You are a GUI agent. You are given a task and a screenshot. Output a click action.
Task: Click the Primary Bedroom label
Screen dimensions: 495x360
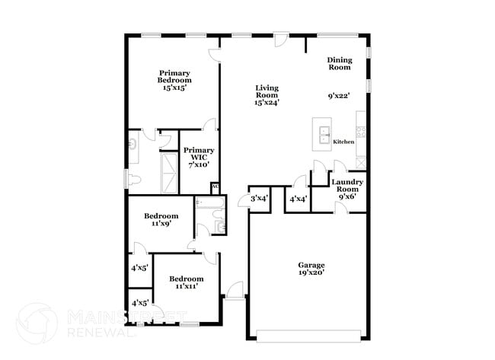point(174,80)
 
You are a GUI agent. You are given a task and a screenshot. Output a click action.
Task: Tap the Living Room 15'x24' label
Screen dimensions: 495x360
point(267,95)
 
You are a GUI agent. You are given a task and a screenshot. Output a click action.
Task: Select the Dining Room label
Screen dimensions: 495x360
point(340,63)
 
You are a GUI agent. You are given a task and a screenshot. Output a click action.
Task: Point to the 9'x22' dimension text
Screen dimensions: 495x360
point(339,96)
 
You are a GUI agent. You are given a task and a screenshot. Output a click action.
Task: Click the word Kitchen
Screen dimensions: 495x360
point(343,142)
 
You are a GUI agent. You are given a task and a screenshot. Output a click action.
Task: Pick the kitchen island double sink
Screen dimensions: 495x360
point(324,135)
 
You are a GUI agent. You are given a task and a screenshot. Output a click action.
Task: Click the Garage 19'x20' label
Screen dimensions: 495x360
point(311,269)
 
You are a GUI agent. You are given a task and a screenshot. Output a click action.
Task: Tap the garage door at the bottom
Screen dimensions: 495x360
point(308,336)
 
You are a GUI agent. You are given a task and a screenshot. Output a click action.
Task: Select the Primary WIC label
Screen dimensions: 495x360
point(199,157)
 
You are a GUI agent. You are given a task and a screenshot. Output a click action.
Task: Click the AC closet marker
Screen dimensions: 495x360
point(215,186)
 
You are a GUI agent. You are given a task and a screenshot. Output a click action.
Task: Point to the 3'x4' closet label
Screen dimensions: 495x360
point(260,199)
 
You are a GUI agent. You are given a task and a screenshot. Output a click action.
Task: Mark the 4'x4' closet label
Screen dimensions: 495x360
point(299,199)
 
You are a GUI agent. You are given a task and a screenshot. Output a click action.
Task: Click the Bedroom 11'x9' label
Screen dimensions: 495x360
point(161,220)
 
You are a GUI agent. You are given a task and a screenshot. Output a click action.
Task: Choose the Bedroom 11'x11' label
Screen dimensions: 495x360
point(187,282)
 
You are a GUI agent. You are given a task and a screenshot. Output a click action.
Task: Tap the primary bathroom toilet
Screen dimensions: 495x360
point(135,180)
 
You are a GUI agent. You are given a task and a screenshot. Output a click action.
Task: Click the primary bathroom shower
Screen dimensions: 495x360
point(170,173)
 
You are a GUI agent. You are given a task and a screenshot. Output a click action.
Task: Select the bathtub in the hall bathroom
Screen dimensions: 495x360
point(209,203)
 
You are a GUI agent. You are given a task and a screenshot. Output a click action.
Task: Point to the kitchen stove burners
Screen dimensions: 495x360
point(361,132)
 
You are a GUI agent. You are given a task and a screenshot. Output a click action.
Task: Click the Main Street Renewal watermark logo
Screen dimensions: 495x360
point(37,323)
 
